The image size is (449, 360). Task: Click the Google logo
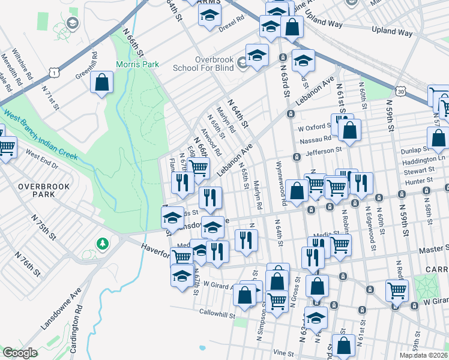[x=20, y=353]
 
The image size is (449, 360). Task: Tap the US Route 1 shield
[x=55, y=73]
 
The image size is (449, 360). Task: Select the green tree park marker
[x=103, y=244]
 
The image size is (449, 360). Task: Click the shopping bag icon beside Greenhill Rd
[x=102, y=83]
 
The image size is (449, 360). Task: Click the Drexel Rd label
[x=231, y=19]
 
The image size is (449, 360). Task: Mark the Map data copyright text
[x=424, y=355]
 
